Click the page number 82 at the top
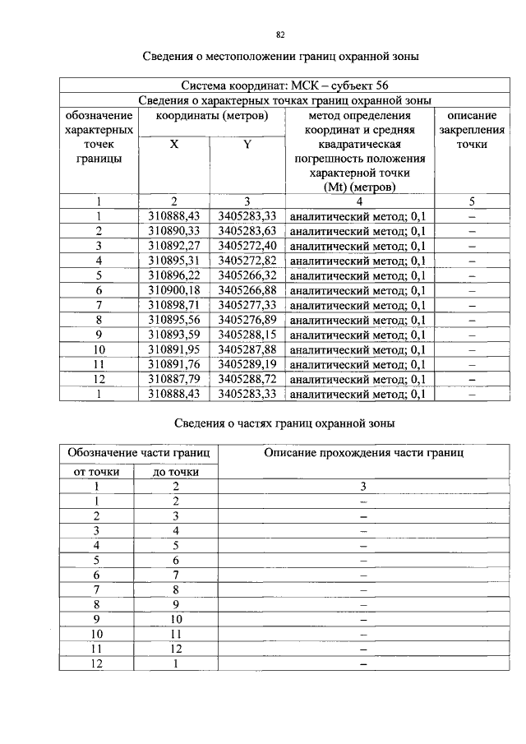click(x=280, y=35)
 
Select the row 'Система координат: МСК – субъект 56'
click(x=279, y=85)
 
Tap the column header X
click(x=174, y=143)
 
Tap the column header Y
click(x=247, y=143)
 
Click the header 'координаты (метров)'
click(x=210, y=115)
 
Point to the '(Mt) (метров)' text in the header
click(x=359, y=187)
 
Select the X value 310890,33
click(x=174, y=231)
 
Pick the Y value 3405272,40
click(x=247, y=246)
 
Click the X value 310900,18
click(x=174, y=290)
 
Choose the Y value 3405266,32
click(x=247, y=275)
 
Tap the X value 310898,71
click(x=174, y=305)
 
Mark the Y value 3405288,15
click(x=247, y=335)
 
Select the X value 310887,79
click(x=174, y=379)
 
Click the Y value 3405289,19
click(x=247, y=364)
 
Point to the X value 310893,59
click(x=174, y=335)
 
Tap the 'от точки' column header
click(x=96, y=472)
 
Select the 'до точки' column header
click(x=175, y=472)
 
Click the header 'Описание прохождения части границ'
click(x=363, y=452)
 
